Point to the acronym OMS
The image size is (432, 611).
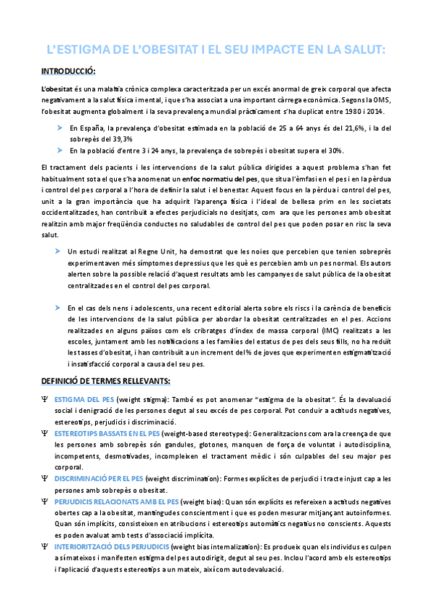pyautogui.click(x=379, y=100)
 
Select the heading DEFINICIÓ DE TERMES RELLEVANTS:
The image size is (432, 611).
pyautogui.click(x=105, y=380)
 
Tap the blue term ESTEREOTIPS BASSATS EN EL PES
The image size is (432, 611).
pyautogui.click(x=106, y=433)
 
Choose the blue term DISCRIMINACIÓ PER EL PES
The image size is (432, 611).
pyautogui.click(x=98, y=478)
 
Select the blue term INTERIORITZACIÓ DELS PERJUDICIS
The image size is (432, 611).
pyautogui.click(x=111, y=547)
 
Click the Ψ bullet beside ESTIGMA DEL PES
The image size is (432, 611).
pyautogui.click(x=45, y=398)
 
